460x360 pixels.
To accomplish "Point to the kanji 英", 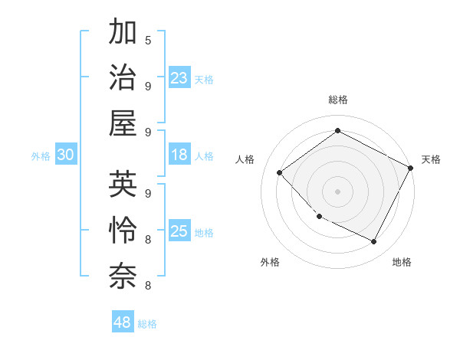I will (123, 185).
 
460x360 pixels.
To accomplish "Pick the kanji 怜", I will (123, 229).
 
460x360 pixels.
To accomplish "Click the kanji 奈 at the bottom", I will (123, 274).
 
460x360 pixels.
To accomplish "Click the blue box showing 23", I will (179, 77).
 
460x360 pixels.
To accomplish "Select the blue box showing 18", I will (179, 155).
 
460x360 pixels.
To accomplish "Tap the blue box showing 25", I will (179, 231).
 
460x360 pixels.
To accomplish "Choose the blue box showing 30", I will (65, 155).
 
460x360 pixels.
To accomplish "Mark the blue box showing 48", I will (123, 322).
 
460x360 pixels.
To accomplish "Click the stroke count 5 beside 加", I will (147, 40).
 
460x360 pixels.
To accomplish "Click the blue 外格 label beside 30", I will (41, 156).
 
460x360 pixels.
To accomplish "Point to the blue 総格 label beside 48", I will (147, 324).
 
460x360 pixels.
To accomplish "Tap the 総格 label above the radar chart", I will (337, 100).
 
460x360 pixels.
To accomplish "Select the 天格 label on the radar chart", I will (431, 159).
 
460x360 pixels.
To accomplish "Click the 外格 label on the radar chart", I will (270, 262).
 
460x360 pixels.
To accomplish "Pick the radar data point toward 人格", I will (280, 172).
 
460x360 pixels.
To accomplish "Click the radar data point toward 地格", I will (374, 242).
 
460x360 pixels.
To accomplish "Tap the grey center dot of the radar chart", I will (337, 191).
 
